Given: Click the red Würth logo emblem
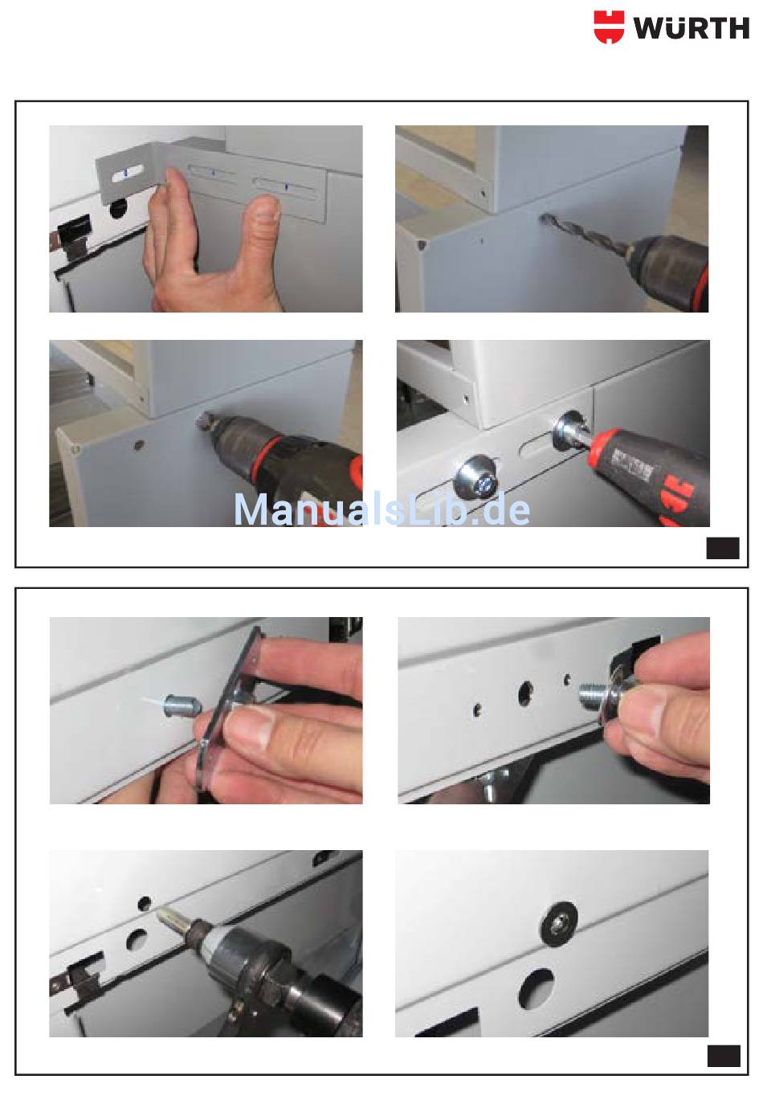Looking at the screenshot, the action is click(609, 27).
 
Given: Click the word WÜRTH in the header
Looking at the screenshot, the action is click(692, 27).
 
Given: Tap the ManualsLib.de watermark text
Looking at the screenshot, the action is click(381, 509).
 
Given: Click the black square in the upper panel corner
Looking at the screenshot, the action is click(723, 547).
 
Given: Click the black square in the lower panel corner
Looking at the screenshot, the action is click(724, 1056).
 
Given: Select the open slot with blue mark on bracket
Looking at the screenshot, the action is click(127, 173).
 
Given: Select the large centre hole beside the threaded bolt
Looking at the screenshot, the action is click(525, 693).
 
